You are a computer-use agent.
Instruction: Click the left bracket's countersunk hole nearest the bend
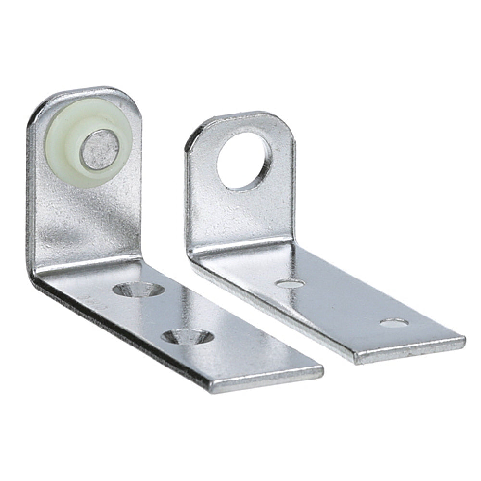click(x=138, y=290)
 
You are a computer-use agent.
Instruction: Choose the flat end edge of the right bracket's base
click(x=409, y=350)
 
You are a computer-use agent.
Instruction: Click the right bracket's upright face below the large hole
click(x=240, y=216)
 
